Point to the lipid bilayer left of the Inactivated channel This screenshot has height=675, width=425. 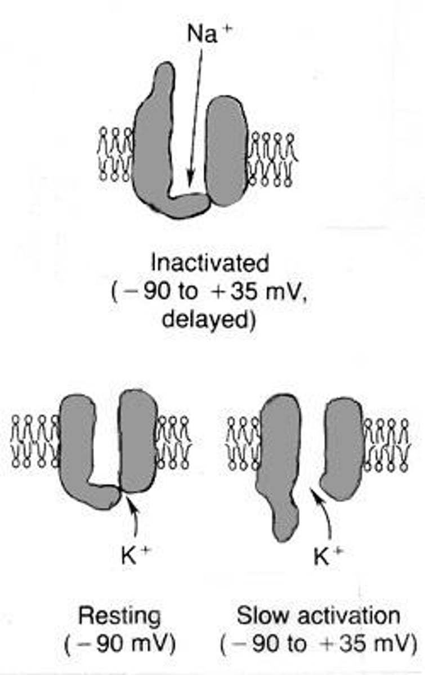pyautogui.click(x=115, y=153)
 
